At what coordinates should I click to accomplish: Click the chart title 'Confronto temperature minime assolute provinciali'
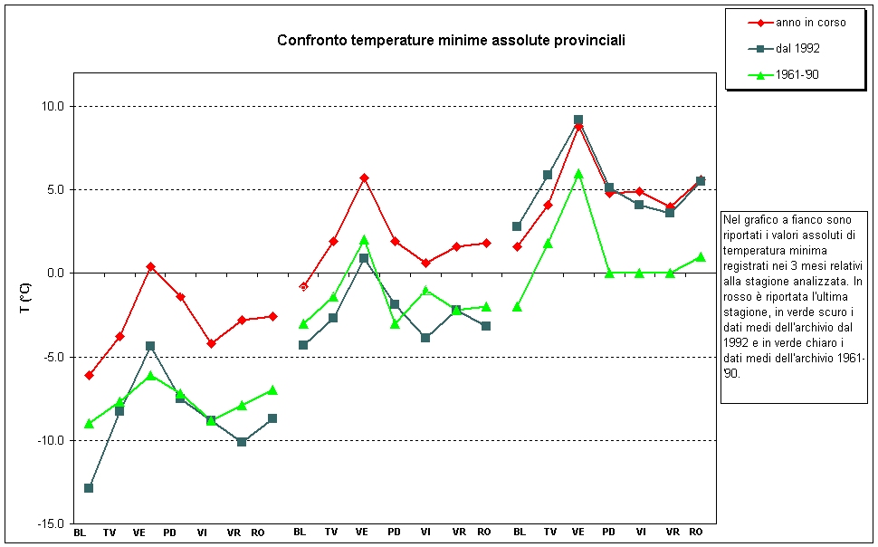click(x=451, y=41)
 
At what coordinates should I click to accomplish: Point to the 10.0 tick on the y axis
click(x=53, y=106)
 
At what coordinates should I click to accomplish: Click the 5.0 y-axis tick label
click(x=55, y=190)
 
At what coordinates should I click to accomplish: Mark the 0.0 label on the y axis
click(x=55, y=273)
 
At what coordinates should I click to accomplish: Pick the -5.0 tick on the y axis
click(x=53, y=357)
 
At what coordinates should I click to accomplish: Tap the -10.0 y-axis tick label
click(x=51, y=441)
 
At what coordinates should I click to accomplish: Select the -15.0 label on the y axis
click(x=51, y=524)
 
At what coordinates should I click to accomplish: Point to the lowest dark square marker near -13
click(x=89, y=488)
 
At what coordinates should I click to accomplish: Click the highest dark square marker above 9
click(x=578, y=120)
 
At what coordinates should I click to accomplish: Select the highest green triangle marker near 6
click(x=578, y=174)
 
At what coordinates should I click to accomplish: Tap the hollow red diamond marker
click(x=303, y=286)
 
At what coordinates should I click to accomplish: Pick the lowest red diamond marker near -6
click(x=89, y=375)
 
